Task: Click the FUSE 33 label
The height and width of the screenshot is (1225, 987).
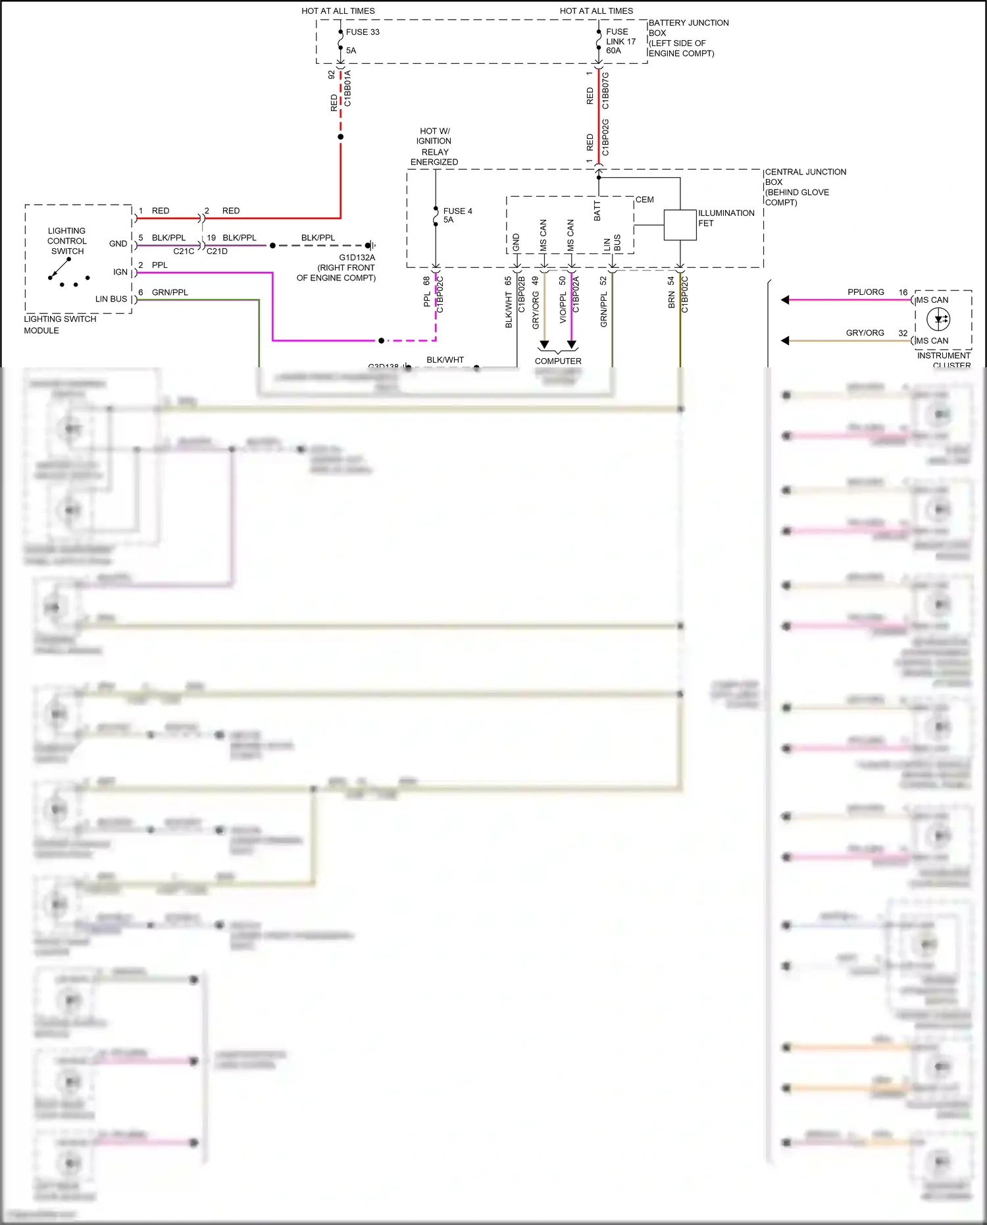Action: pyautogui.click(x=363, y=32)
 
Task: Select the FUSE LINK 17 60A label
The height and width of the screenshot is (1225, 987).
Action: pyautogui.click(x=620, y=41)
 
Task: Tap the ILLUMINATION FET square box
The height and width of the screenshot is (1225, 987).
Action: pyautogui.click(x=680, y=225)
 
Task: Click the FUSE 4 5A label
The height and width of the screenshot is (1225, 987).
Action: pyautogui.click(x=457, y=215)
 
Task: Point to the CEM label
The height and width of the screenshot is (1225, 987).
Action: pyautogui.click(x=644, y=199)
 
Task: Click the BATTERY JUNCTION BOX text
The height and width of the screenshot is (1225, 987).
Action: pyautogui.click(x=688, y=38)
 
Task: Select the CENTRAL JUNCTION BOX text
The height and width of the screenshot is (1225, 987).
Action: pyautogui.click(x=805, y=186)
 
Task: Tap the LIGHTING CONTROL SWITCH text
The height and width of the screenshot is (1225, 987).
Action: pyautogui.click(x=66, y=241)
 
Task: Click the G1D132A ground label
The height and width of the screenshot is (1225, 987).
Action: pyautogui.click(x=357, y=257)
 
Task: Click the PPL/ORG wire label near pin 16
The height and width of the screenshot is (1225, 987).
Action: pyautogui.click(x=865, y=292)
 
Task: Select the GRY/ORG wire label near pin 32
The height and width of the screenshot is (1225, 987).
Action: pyautogui.click(x=865, y=332)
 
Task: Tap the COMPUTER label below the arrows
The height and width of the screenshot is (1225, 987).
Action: pyautogui.click(x=557, y=361)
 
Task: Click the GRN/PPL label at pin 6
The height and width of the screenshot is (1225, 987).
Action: pyautogui.click(x=170, y=292)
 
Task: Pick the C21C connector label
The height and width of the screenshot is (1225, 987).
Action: pyautogui.click(x=184, y=251)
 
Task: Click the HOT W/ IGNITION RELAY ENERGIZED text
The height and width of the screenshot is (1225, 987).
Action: pyautogui.click(x=434, y=146)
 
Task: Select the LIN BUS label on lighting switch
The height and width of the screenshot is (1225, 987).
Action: pyautogui.click(x=111, y=299)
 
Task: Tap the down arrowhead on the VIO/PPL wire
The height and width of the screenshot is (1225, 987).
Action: pyautogui.click(x=571, y=344)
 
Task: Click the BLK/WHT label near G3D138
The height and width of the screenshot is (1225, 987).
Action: pyautogui.click(x=445, y=359)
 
